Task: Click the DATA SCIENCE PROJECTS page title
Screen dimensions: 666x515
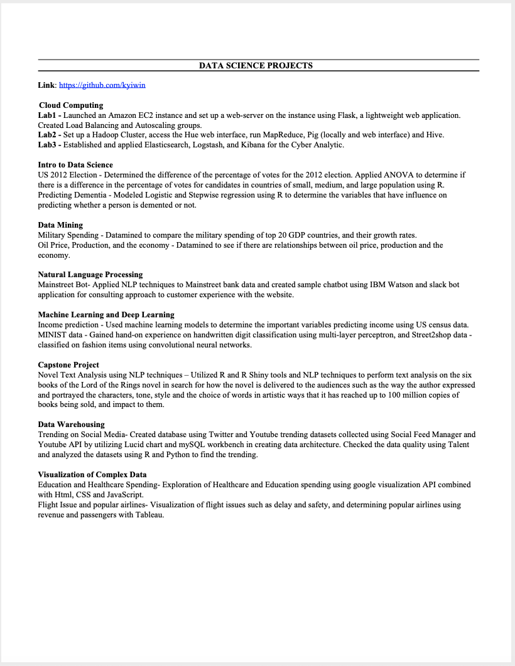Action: click(x=256, y=65)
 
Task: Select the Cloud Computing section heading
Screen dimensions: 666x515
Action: click(x=71, y=105)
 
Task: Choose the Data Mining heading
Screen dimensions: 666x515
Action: click(x=60, y=225)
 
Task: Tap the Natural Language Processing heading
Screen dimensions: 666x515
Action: click(x=90, y=275)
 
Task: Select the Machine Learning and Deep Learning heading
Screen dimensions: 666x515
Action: click(x=106, y=314)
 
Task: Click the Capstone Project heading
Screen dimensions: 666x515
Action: click(x=68, y=364)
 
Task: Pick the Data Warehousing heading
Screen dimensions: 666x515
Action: click(x=71, y=425)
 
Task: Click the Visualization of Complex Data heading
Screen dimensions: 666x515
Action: click(x=92, y=474)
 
